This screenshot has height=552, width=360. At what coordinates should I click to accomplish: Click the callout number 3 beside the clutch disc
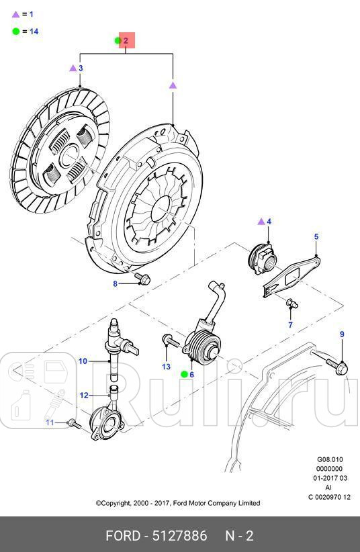(81, 68)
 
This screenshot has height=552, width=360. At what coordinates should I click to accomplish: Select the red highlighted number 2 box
(127, 41)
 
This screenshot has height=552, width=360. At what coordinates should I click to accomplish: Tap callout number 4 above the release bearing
(269, 221)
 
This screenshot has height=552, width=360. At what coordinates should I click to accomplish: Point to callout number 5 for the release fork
(316, 236)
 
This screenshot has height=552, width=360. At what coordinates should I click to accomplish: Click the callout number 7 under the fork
(291, 325)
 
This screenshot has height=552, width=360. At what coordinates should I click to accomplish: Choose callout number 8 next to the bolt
(115, 284)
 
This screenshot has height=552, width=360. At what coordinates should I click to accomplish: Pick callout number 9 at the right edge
(341, 334)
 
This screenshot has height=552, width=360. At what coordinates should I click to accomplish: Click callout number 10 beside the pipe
(83, 361)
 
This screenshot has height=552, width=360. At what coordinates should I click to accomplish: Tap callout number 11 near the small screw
(49, 422)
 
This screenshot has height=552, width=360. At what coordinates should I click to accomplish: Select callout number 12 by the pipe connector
(84, 396)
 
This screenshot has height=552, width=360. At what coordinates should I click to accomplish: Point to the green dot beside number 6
(184, 374)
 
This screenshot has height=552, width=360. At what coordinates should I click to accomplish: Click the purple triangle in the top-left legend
(15, 13)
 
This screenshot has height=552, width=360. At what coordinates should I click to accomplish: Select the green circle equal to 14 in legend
(15, 31)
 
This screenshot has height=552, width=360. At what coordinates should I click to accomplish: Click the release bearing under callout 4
(262, 257)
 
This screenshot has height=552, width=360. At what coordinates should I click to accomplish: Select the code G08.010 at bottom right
(330, 461)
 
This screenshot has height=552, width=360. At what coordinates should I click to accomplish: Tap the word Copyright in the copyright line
(118, 503)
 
